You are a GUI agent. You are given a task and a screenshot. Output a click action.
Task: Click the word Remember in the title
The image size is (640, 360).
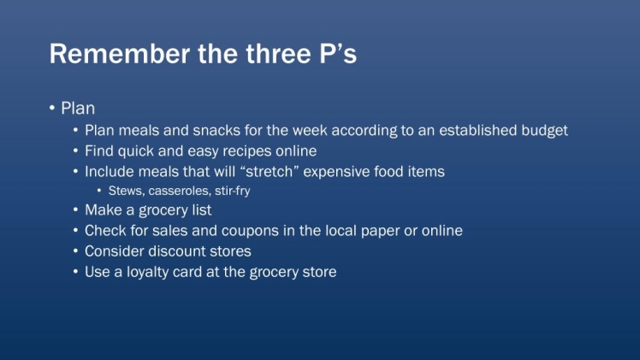pyautogui.click(x=120, y=53)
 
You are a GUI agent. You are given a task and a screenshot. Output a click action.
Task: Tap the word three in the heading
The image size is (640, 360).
pyautogui.click(x=278, y=53)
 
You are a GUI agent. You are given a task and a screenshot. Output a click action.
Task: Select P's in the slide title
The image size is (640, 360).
pyautogui.click(x=338, y=53)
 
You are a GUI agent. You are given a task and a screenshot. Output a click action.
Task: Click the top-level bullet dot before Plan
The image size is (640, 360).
pyautogui.click(x=52, y=108)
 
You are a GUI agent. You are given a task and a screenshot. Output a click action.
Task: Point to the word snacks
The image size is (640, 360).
pyautogui.click(x=216, y=131)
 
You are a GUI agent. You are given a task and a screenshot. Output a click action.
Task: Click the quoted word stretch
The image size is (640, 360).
pyautogui.click(x=267, y=172)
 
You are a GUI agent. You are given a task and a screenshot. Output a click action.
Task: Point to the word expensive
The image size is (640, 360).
pyautogui.click(x=337, y=172)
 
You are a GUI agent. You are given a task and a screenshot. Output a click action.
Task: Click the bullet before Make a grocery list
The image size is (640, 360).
pyautogui.click(x=75, y=210)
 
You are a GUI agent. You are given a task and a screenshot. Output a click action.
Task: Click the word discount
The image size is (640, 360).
pyautogui.click(x=177, y=251)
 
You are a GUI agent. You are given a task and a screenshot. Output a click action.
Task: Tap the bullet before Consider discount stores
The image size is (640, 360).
pyautogui.click(x=75, y=251)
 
